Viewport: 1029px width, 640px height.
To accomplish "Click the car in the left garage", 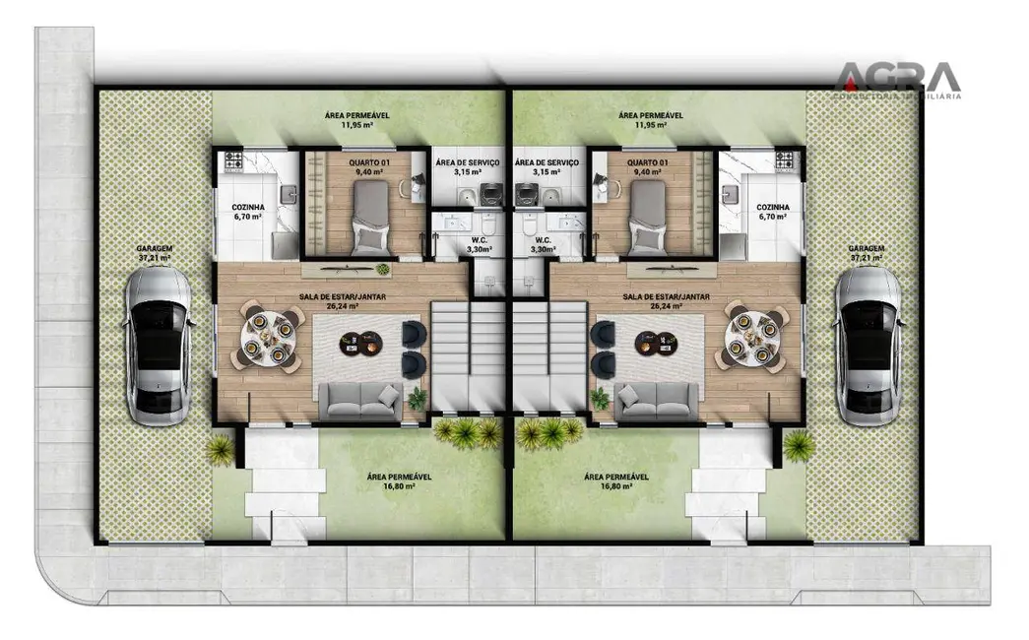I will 159,346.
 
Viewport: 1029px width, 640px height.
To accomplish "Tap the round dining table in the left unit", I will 267,336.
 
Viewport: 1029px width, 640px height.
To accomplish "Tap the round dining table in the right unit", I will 751,336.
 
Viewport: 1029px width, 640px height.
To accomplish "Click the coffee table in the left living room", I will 359,342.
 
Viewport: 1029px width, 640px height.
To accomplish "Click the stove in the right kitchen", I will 785,160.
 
